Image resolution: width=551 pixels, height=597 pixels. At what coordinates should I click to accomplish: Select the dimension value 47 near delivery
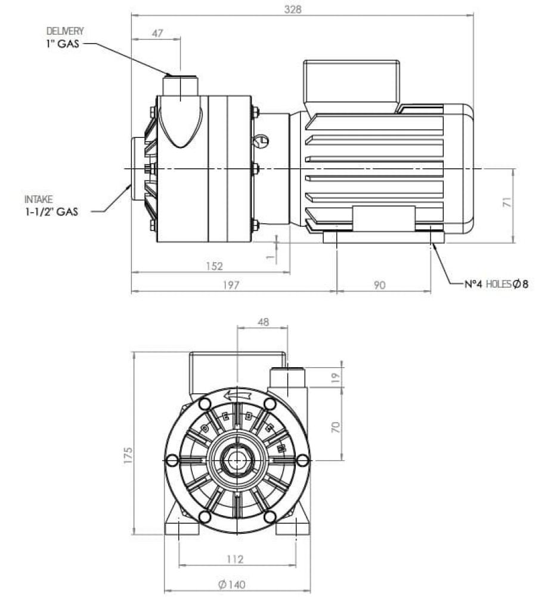pyautogui.click(x=157, y=33)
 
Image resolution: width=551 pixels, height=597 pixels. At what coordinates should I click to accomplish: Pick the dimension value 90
pyautogui.click(x=380, y=285)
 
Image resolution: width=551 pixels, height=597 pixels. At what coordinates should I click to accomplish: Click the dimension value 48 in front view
pyautogui.click(x=263, y=322)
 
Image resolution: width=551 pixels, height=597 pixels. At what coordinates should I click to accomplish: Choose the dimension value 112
pyautogui.click(x=236, y=559)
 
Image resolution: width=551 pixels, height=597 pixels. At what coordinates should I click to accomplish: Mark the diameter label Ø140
pyautogui.click(x=231, y=584)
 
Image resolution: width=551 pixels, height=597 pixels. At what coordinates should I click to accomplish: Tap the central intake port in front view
pyautogui.click(x=237, y=460)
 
